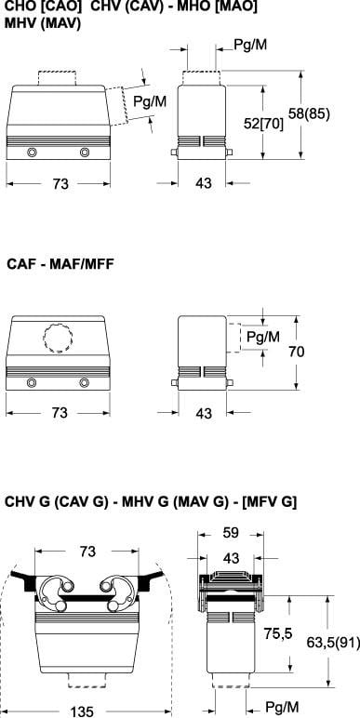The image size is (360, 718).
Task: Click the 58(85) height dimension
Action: (310, 113)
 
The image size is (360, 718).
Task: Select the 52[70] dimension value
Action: (263, 123)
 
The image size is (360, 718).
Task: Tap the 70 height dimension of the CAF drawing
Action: (298, 352)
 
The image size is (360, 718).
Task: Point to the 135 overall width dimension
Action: (82, 711)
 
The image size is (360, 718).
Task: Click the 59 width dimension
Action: (231, 533)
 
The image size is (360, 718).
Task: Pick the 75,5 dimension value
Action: (277, 633)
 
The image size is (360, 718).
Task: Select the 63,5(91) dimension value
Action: (333, 643)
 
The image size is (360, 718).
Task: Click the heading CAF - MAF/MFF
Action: (60, 264)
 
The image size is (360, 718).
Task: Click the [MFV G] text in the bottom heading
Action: (270, 502)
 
